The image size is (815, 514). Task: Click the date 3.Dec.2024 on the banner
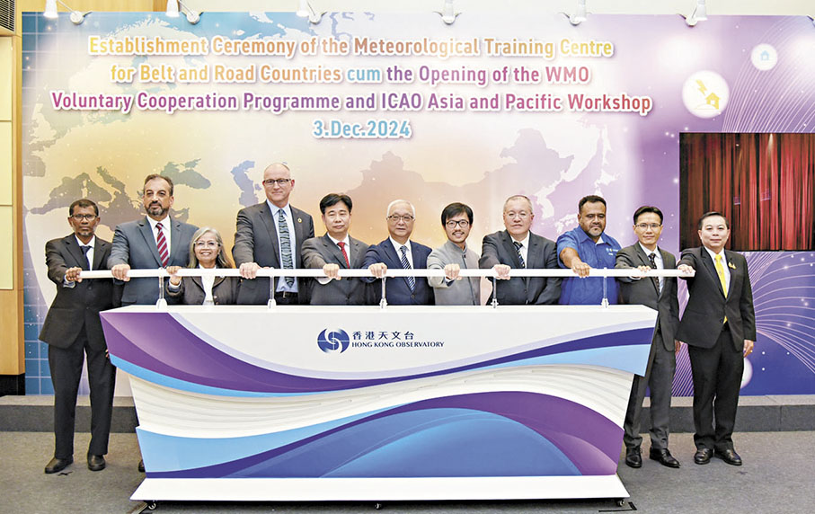pos(362,128)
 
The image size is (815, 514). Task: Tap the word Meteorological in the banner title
pos(417,48)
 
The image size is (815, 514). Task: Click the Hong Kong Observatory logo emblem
pos(332,341)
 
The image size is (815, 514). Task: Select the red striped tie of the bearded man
pos(163,244)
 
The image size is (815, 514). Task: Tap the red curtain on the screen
pos(747,191)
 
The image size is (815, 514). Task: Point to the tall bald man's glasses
pos(277,182)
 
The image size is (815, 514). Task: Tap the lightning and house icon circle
pos(705,93)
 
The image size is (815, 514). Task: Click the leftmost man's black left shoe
pos(58,464)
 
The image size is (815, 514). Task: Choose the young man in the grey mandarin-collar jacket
pos(455,254)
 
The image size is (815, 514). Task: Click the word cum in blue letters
pos(364,75)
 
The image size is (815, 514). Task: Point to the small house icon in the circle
pos(765,56)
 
